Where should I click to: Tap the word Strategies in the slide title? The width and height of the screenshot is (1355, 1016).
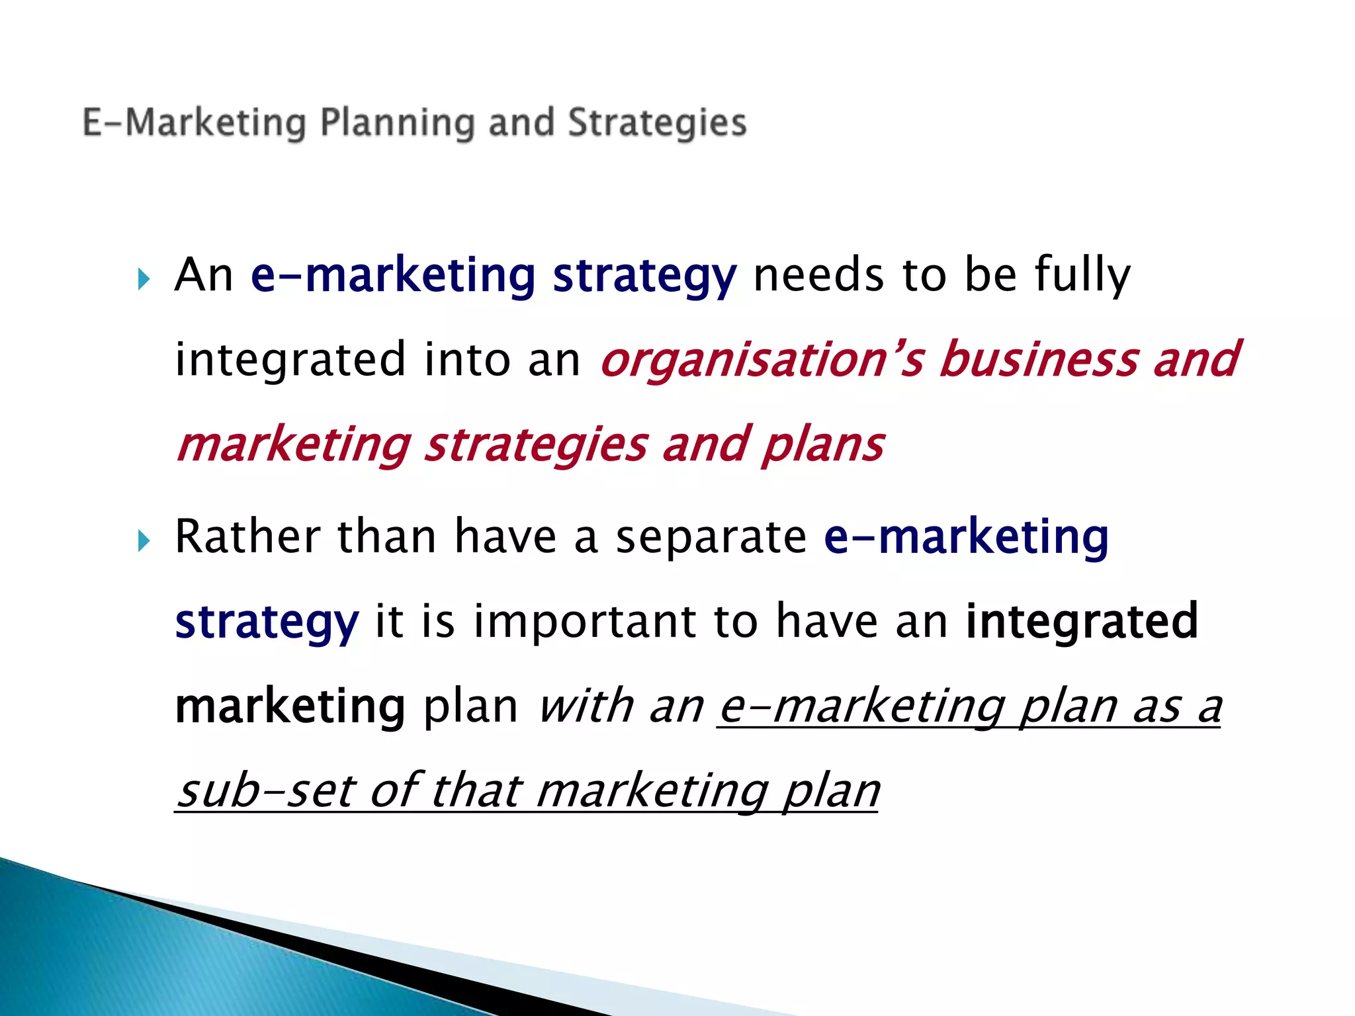click(x=657, y=124)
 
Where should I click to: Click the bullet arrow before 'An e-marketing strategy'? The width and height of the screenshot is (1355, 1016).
click(x=144, y=279)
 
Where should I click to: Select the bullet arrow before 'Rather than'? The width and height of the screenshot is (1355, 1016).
click(x=144, y=541)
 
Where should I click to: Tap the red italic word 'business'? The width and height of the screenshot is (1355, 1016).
click(x=1038, y=360)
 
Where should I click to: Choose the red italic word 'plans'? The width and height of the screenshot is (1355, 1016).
click(x=822, y=444)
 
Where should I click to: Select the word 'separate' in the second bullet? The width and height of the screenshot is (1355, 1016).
click(x=711, y=537)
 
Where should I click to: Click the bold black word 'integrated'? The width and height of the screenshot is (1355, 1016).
click(x=1082, y=622)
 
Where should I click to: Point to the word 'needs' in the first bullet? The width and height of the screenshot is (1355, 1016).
click(x=818, y=275)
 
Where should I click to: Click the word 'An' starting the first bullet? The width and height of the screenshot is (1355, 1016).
click(x=204, y=275)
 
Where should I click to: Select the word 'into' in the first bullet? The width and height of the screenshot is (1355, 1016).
click(x=467, y=360)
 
